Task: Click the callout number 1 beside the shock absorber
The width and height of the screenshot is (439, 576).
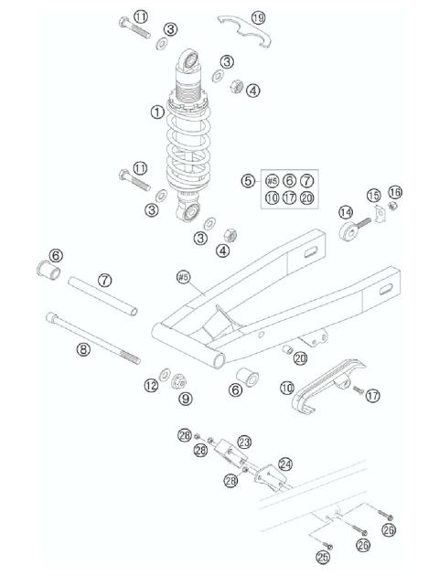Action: [x=157, y=112]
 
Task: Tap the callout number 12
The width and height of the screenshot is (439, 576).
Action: [x=151, y=385]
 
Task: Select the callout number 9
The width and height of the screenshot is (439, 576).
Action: [x=186, y=399]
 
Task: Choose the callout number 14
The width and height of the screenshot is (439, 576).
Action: [x=346, y=212]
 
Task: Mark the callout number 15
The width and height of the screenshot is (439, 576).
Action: [x=373, y=196]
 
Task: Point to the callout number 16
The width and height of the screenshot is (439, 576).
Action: [x=394, y=192]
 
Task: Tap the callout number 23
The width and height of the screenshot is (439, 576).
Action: [x=244, y=442]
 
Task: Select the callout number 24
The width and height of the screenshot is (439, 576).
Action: [x=285, y=464]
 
